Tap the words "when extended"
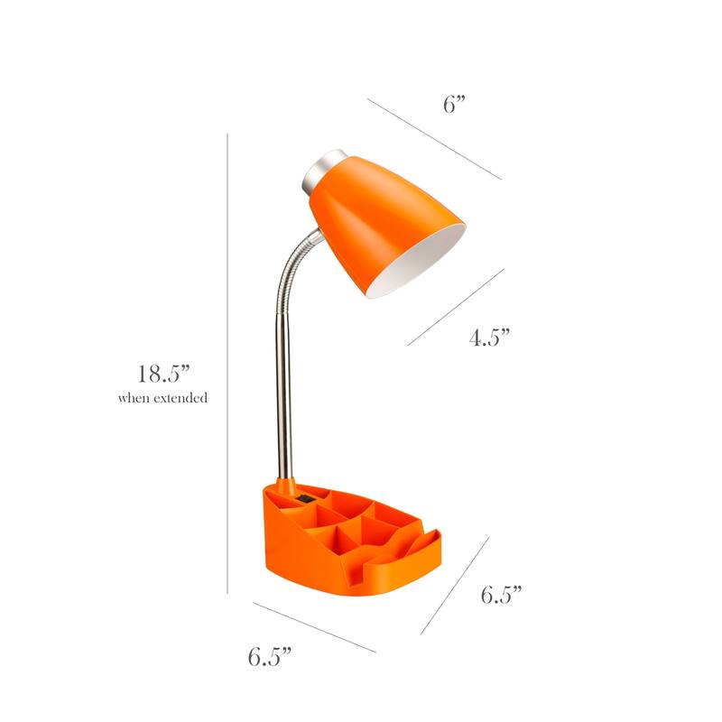pyautogui.click(x=162, y=397)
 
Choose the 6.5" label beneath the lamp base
pyautogui.click(x=270, y=656)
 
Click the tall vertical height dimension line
pyautogui.click(x=227, y=361)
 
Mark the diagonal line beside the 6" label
pyautogui.click(x=433, y=138)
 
